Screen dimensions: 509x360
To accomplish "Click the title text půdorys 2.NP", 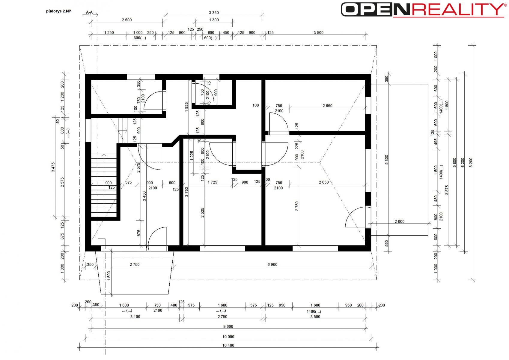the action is tap(58, 11).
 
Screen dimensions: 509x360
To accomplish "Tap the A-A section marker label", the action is tap(89, 12).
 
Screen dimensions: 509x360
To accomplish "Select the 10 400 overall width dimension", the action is tap(228, 345).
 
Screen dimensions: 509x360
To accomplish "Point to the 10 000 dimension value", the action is tap(228, 337).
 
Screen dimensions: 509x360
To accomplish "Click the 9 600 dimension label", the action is tap(228, 326).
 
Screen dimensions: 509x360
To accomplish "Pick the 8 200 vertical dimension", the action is tap(471, 162).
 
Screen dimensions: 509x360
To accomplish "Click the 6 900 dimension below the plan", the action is tap(272, 264).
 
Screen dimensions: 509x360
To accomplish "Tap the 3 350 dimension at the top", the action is tap(214, 13).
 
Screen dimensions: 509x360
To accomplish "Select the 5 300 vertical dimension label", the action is tap(387, 160).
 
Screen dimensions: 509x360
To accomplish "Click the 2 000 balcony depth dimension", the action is tap(400, 221).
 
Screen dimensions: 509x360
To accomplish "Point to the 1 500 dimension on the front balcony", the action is tap(109, 276).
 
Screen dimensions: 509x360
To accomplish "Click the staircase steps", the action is tap(104, 185).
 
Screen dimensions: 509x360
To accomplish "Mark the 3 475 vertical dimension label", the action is tap(53, 167).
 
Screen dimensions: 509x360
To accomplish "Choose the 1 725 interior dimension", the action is tap(212, 182).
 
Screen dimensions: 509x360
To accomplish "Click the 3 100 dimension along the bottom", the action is tap(135, 316).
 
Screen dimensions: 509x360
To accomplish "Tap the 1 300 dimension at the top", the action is tap(214, 20).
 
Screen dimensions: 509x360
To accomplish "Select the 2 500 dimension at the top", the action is tap(127, 20).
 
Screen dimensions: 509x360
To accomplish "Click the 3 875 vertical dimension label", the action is tap(447, 190).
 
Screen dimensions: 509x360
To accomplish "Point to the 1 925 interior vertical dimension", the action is tap(186, 107).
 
